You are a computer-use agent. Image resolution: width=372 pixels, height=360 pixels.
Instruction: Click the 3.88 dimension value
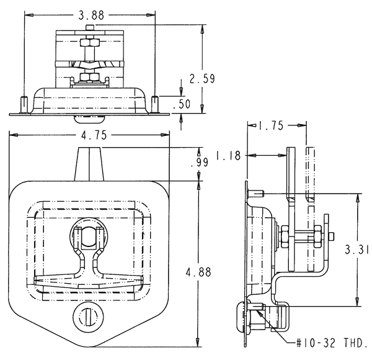(91, 16)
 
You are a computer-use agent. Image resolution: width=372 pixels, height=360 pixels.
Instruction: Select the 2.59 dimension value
(202, 79)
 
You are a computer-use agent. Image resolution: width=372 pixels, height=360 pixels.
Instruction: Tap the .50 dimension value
(182, 104)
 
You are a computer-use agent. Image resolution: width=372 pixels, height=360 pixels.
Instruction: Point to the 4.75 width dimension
(94, 135)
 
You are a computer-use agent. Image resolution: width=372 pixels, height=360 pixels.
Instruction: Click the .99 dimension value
(200, 162)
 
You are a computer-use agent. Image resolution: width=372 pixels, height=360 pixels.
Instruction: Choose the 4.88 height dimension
(198, 272)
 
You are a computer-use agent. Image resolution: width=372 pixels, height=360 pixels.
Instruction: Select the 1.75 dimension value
(271, 125)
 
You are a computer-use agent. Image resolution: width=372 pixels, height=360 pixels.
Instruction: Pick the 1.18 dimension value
(228, 156)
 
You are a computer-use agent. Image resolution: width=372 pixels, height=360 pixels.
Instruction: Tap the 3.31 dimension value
(357, 250)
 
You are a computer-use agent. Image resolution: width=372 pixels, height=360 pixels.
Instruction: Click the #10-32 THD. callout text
(332, 343)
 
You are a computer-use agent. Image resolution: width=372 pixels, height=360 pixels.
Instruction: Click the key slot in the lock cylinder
(88, 317)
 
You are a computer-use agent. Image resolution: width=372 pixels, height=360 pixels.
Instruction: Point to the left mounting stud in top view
(24, 104)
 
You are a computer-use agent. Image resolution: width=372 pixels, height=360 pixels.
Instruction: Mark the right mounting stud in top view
(154, 104)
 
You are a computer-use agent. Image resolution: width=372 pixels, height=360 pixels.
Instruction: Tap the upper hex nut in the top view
(90, 43)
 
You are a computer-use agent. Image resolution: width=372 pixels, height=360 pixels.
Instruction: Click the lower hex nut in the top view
(90, 77)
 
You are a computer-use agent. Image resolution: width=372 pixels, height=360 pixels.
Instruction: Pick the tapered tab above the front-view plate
(89, 164)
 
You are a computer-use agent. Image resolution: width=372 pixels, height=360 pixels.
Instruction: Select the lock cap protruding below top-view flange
(89, 119)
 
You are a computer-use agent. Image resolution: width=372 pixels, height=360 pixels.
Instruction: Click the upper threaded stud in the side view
(255, 194)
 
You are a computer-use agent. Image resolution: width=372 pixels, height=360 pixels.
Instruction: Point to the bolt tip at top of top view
(89, 27)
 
